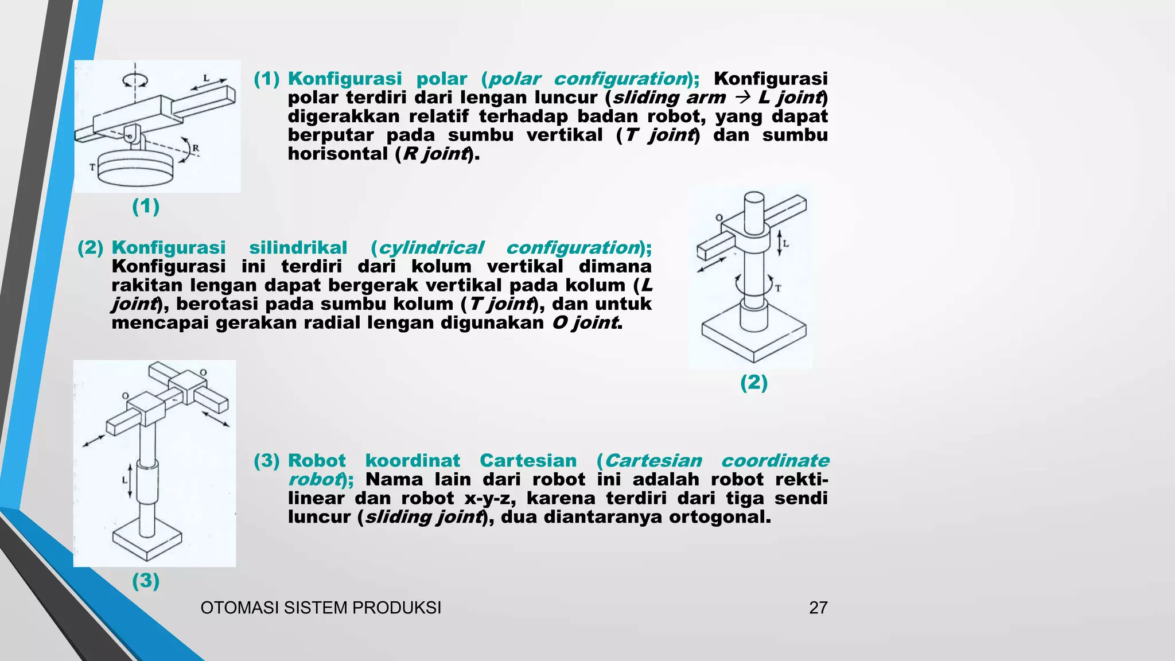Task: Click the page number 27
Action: tap(818, 608)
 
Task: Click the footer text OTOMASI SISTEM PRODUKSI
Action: tap(321, 608)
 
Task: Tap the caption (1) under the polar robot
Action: tap(146, 206)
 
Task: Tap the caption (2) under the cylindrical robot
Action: tap(754, 382)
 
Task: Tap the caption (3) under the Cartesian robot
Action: tap(146, 581)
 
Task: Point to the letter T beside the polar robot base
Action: tap(92, 167)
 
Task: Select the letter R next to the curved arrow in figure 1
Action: tap(196, 148)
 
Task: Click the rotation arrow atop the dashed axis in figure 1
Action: tap(135, 80)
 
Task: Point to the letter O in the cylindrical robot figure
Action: tap(719, 218)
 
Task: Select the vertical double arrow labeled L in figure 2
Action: tap(779, 243)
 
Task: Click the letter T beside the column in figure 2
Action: tap(778, 289)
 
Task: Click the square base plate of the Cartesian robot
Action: tap(147, 543)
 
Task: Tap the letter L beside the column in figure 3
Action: tap(124, 480)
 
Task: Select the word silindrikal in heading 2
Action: tap(298, 248)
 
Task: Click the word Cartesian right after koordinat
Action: tap(528, 461)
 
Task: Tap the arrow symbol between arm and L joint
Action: tap(741, 98)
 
